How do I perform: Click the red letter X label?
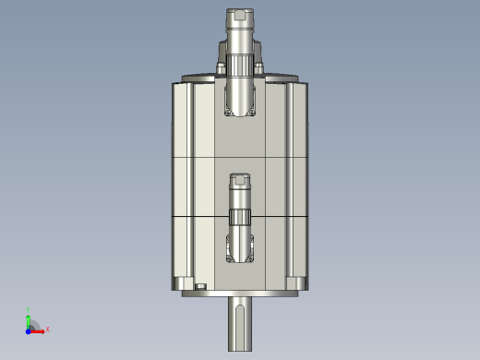pyautogui.click(x=47, y=329)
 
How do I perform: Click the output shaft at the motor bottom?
pyautogui.click(x=240, y=318)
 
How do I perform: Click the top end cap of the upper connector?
pyautogui.click(x=240, y=16)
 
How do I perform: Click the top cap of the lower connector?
pyautogui.click(x=240, y=178)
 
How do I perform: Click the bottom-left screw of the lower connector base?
pyautogui.click(x=229, y=258)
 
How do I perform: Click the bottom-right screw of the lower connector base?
pyautogui.click(x=252, y=258)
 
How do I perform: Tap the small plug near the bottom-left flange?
pyautogui.click(x=200, y=288)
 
